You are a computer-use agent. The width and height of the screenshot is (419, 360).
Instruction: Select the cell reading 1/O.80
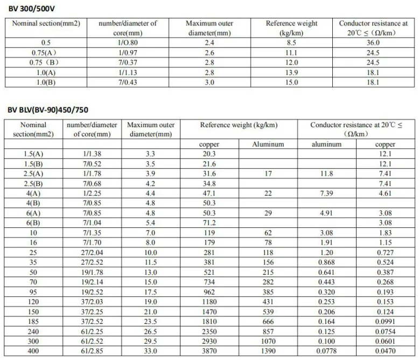[127, 42]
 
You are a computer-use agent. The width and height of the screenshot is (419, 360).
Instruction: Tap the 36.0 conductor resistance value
[373, 42]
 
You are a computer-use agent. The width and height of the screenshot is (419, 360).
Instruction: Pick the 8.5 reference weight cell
[291, 42]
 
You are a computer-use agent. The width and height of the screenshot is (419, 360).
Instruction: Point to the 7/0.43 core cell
[127, 82]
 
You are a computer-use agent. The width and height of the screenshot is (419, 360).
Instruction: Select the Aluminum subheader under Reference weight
[268, 144]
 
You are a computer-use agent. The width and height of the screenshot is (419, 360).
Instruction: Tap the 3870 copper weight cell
[209, 350]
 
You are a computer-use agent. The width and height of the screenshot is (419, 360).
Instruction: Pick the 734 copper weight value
[209, 282]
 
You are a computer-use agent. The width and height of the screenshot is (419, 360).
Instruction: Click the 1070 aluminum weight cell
[268, 341]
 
